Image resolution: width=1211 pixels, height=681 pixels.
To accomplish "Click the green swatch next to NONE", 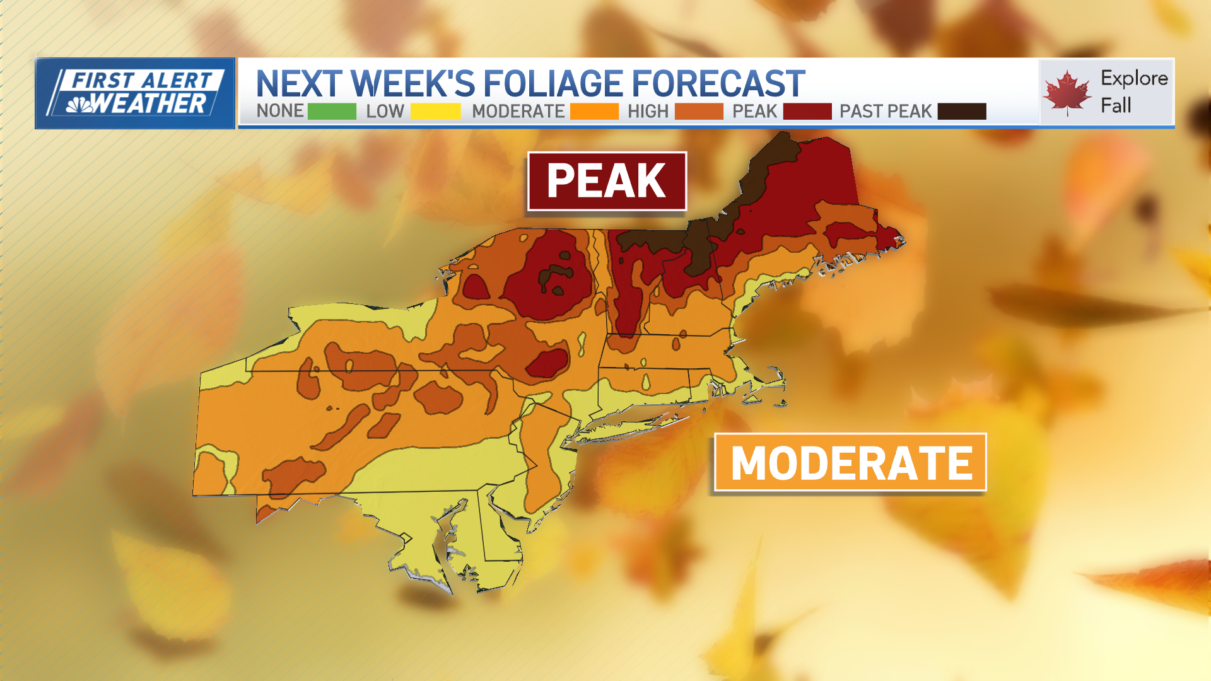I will [x=332, y=112].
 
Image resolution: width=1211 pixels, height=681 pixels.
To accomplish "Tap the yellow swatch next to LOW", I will [x=435, y=112].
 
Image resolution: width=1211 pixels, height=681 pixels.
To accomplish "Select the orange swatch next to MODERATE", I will [x=594, y=112].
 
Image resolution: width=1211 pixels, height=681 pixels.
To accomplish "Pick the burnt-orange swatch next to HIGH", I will [x=699, y=112].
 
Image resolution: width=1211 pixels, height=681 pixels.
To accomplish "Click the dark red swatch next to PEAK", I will [x=807, y=112].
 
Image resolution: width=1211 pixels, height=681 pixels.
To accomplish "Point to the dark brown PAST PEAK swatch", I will [x=961, y=112].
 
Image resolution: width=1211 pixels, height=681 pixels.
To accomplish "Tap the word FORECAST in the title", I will [x=718, y=83].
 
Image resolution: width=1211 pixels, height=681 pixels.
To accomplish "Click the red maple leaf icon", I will [x=1067, y=93].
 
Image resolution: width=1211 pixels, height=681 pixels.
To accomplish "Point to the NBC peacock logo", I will [x=79, y=104].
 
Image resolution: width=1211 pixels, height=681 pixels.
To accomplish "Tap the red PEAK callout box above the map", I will [x=607, y=181].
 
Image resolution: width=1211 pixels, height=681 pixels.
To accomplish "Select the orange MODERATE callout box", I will [x=850, y=462].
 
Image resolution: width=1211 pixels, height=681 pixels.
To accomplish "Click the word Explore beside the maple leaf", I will [x=1134, y=78].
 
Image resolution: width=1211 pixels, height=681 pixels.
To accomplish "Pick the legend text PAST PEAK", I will [x=885, y=112].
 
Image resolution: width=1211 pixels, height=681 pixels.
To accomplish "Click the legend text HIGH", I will [x=648, y=112].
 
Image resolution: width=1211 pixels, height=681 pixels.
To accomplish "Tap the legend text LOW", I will [x=385, y=112].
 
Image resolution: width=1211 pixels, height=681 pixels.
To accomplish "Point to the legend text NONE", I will [x=280, y=112].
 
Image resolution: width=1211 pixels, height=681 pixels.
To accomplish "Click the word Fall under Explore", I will [x=1116, y=105].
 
